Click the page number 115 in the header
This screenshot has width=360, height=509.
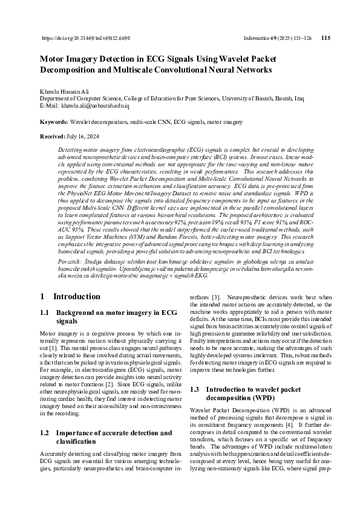[326, 37]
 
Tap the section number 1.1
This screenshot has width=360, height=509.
[44, 313]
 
